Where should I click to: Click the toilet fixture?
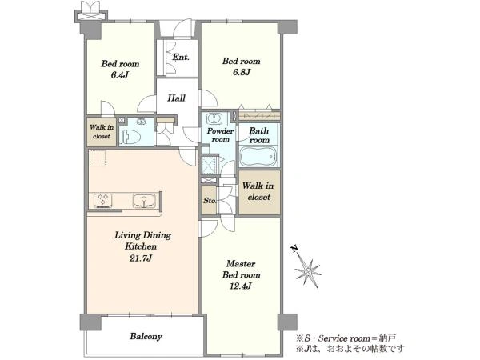[x=130, y=137]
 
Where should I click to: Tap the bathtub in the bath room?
[x=258, y=156]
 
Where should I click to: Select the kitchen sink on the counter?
[x=144, y=201]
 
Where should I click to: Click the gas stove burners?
[x=102, y=200]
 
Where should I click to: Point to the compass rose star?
[x=308, y=271]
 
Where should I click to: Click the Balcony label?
[x=146, y=336]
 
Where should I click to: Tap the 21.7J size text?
[x=141, y=258]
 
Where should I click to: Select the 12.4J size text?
[x=241, y=286]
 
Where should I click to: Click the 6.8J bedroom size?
[x=241, y=72]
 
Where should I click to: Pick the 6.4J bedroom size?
[x=119, y=75]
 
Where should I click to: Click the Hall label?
[x=176, y=98]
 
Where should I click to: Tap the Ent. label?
[x=181, y=57]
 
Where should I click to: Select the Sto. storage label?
[x=210, y=201]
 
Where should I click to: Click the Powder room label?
[x=220, y=135]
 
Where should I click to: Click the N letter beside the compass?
[x=294, y=249]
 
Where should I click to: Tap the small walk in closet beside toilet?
[x=102, y=132]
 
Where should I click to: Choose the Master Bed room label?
[x=241, y=269]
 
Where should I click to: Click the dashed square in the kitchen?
[x=98, y=158]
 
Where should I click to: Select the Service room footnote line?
[x=346, y=338]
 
